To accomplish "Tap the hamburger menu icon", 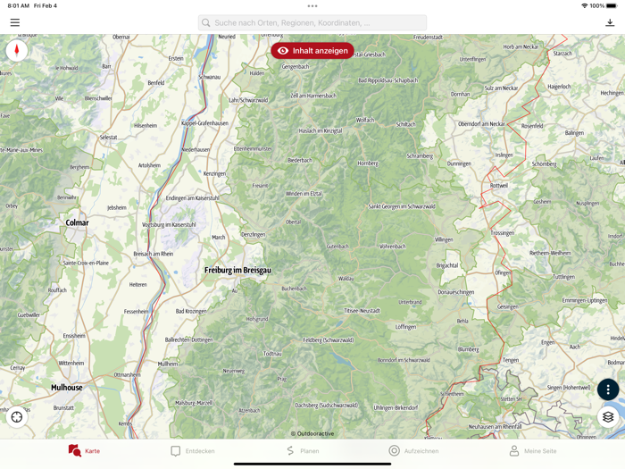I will coord(15,22).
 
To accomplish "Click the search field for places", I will coord(312,22).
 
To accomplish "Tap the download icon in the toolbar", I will coord(610,22).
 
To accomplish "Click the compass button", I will coord(16,51).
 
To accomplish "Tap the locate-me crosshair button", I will coord(17,417).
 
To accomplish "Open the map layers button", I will coord(608,417).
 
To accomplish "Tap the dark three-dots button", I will coord(608,389).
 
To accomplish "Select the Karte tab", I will coord(84,451).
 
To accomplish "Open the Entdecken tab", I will coord(193,451).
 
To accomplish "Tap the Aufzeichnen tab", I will coord(413,451).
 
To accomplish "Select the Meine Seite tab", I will coord(532,451).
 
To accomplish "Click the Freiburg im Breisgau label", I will coord(237,270).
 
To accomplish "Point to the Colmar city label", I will coord(77,222).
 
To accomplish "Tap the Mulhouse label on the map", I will coord(67,388).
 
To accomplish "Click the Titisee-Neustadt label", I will coord(362,310).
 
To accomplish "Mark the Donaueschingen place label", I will coord(456,292).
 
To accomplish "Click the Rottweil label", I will coord(498,186).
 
